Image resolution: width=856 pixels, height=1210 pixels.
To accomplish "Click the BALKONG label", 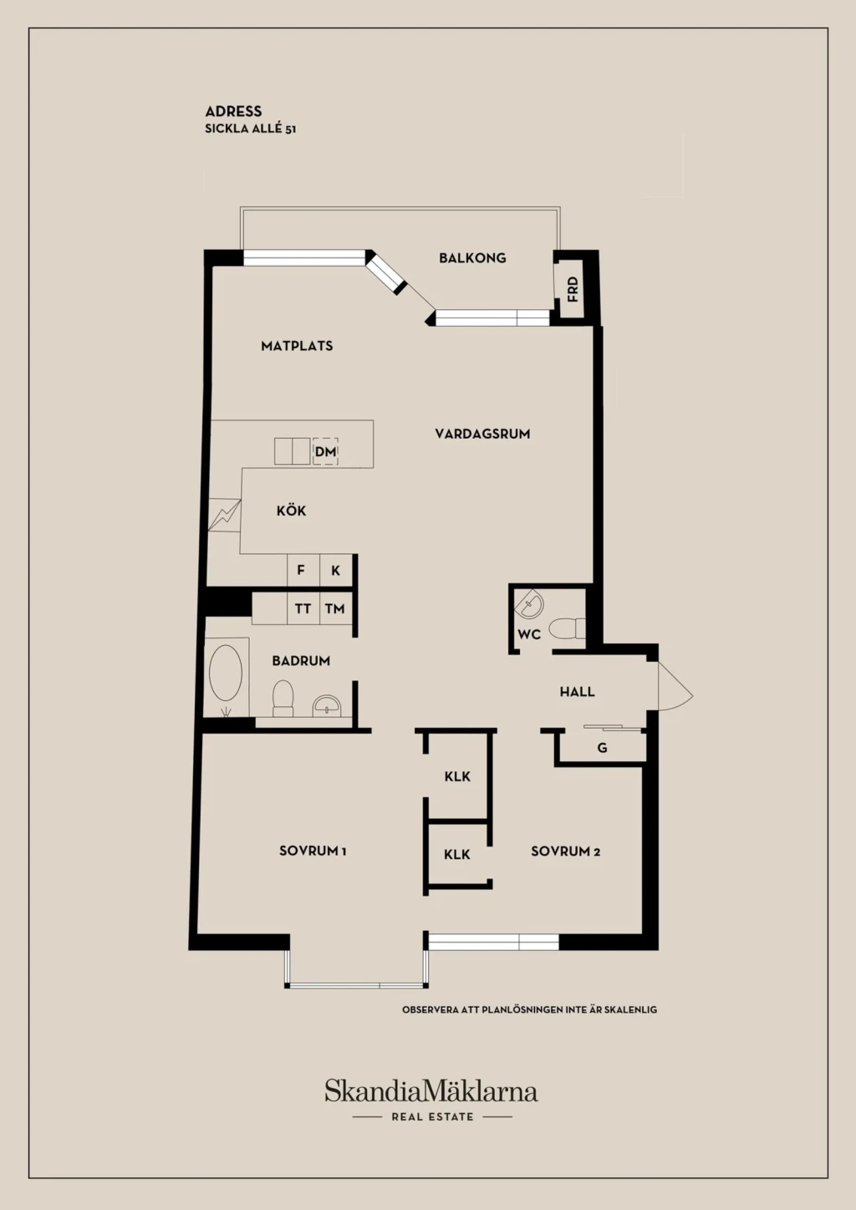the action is (x=472, y=258).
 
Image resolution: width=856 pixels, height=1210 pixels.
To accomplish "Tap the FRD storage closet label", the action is (x=573, y=289).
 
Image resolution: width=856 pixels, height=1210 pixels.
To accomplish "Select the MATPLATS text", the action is (x=297, y=346).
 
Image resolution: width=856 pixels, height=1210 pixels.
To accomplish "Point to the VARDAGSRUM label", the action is (x=482, y=434).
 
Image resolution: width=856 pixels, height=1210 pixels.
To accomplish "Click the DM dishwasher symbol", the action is (x=325, y=451).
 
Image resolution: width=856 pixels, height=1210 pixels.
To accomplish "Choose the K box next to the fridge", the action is (x=336, y=570).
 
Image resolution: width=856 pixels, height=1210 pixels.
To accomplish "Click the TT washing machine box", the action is (x=303, y=609).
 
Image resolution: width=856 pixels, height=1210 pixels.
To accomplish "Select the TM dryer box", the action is (x=336, y=609).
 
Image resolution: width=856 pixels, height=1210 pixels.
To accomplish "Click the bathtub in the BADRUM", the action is (x=226, y=673).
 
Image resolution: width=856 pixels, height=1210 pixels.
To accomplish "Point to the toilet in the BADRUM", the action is (x=283, y=699).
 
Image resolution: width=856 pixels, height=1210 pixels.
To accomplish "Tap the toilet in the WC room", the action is (x=567, y=628).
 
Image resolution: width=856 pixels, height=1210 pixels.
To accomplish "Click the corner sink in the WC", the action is (x=529, y=604).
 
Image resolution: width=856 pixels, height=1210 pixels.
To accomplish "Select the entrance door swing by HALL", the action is (x=675, y=686).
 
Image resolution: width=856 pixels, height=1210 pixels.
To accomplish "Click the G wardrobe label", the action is (x=602, y=748).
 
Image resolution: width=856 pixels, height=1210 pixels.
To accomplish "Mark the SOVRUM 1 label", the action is (x=313, y=851).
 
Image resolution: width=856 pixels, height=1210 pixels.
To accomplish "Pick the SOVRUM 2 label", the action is (x=565, y=852).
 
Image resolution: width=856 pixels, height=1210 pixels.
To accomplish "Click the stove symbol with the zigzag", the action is (x=225, y=515).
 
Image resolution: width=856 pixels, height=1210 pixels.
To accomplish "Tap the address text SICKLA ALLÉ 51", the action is (x=250, y=129).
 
